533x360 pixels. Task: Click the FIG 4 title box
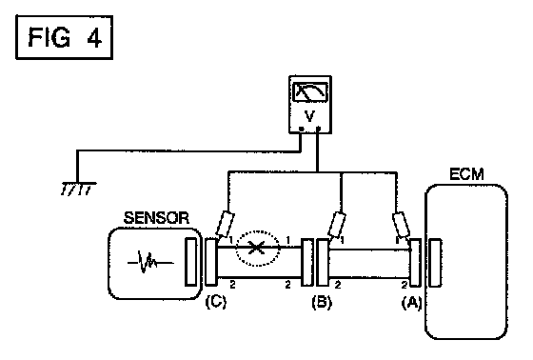(65, 37)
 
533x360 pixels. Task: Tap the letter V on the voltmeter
(309, 116)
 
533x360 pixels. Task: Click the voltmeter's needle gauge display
(310, 91)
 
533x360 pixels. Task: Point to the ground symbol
(78, 189)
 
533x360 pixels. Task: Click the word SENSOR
(156, 218)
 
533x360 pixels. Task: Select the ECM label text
(466, 174)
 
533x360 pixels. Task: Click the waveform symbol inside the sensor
(150, 262)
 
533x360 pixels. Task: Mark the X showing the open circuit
(257, 248)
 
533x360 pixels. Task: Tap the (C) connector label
(215, 302)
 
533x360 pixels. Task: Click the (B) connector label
(322, 302)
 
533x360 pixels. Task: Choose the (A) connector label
(411, 302)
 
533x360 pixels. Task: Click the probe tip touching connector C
(219, 236)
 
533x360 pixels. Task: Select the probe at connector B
(337, 225)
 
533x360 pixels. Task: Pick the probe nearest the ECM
(401, 225)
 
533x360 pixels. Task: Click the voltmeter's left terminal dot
(301, 129)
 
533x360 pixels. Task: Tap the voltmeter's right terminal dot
(318, 129)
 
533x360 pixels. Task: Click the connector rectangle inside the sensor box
(190, 262)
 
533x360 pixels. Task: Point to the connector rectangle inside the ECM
(435, 263)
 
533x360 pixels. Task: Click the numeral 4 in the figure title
(94, 37)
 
